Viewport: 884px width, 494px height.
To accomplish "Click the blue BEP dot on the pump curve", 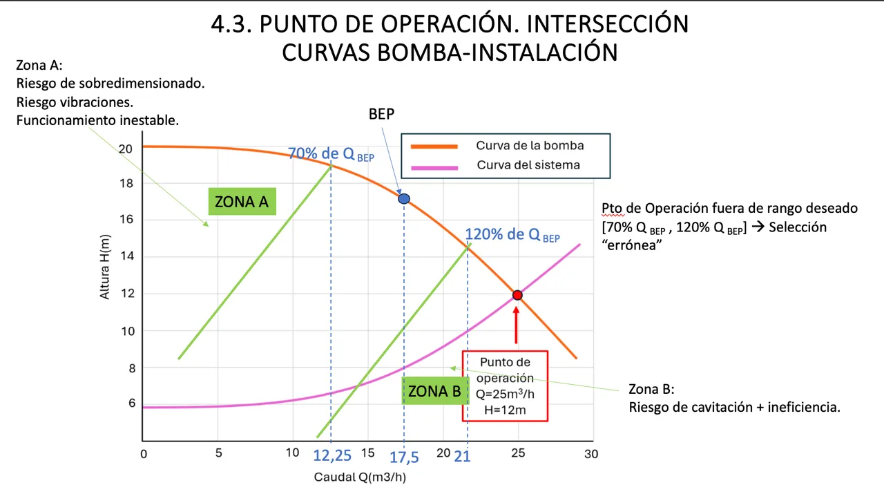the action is pos(404,198).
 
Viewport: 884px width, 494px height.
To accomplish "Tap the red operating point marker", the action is pos(517,295).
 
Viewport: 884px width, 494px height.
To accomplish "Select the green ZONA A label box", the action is pos(242,201).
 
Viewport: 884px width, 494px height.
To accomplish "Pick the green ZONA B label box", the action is pos(435,391).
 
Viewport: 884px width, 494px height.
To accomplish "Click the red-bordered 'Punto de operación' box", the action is pos(505,386).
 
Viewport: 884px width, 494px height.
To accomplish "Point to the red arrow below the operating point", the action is pos(516,325).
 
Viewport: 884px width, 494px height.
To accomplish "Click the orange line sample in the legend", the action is pos(434,146).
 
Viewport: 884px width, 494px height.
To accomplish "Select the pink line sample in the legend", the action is pos(434,168).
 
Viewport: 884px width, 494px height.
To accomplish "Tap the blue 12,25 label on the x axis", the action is pos(332,456).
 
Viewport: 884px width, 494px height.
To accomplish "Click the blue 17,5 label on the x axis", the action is pos(404,457).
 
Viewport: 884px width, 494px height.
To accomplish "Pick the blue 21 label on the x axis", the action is pos(462,457).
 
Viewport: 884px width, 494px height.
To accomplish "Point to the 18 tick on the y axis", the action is pos(126,183).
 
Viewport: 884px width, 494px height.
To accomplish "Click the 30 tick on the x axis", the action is pos(591,454).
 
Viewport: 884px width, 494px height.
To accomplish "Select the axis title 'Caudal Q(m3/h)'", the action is pos(360,477).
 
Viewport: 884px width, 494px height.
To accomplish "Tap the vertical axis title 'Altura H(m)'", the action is pos(104,267).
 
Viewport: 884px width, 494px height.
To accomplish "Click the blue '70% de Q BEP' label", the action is pos(331,154).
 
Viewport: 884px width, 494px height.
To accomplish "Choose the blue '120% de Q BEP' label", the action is pos(512,234).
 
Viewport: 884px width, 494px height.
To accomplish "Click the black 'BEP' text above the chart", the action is pos(382,114).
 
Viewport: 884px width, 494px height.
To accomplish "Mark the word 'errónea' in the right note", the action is pos(631,245).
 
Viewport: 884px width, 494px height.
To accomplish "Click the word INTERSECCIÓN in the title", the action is pos(608,23).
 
